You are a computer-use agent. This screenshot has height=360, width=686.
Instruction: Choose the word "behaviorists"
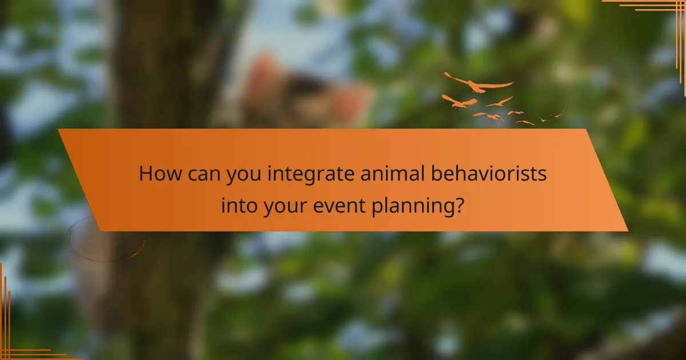pyautogui.click(x=489, y=174)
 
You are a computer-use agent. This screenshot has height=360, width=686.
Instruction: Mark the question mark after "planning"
pyautogui.click(x=458, y=204)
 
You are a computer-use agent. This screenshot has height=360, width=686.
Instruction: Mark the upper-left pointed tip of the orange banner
pyautogui.click(x=59, y=130)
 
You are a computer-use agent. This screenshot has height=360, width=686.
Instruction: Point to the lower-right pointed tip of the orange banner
pyautogui.click(x=627, y=230)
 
